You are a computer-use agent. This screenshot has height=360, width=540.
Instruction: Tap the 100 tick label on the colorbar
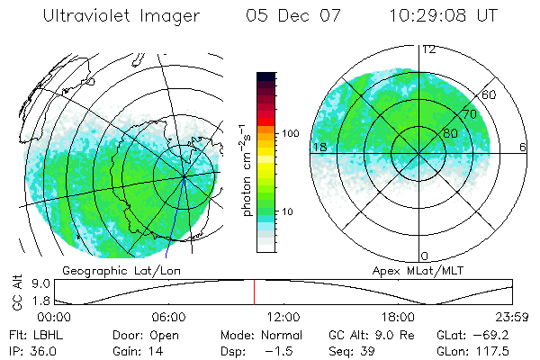point(291,133)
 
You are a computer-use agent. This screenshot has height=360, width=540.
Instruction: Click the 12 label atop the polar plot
point(429,49)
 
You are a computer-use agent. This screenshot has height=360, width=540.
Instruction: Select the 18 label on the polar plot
point(319,147)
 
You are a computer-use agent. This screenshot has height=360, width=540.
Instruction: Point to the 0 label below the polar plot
point(425,256)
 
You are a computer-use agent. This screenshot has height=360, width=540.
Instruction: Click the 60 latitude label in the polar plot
point(490,94)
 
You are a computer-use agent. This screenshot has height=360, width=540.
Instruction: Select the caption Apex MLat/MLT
point(409,270)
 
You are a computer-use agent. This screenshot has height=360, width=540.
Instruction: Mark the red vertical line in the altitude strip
point(254,292)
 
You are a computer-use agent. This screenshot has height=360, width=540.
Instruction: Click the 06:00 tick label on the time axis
point(168,317)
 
